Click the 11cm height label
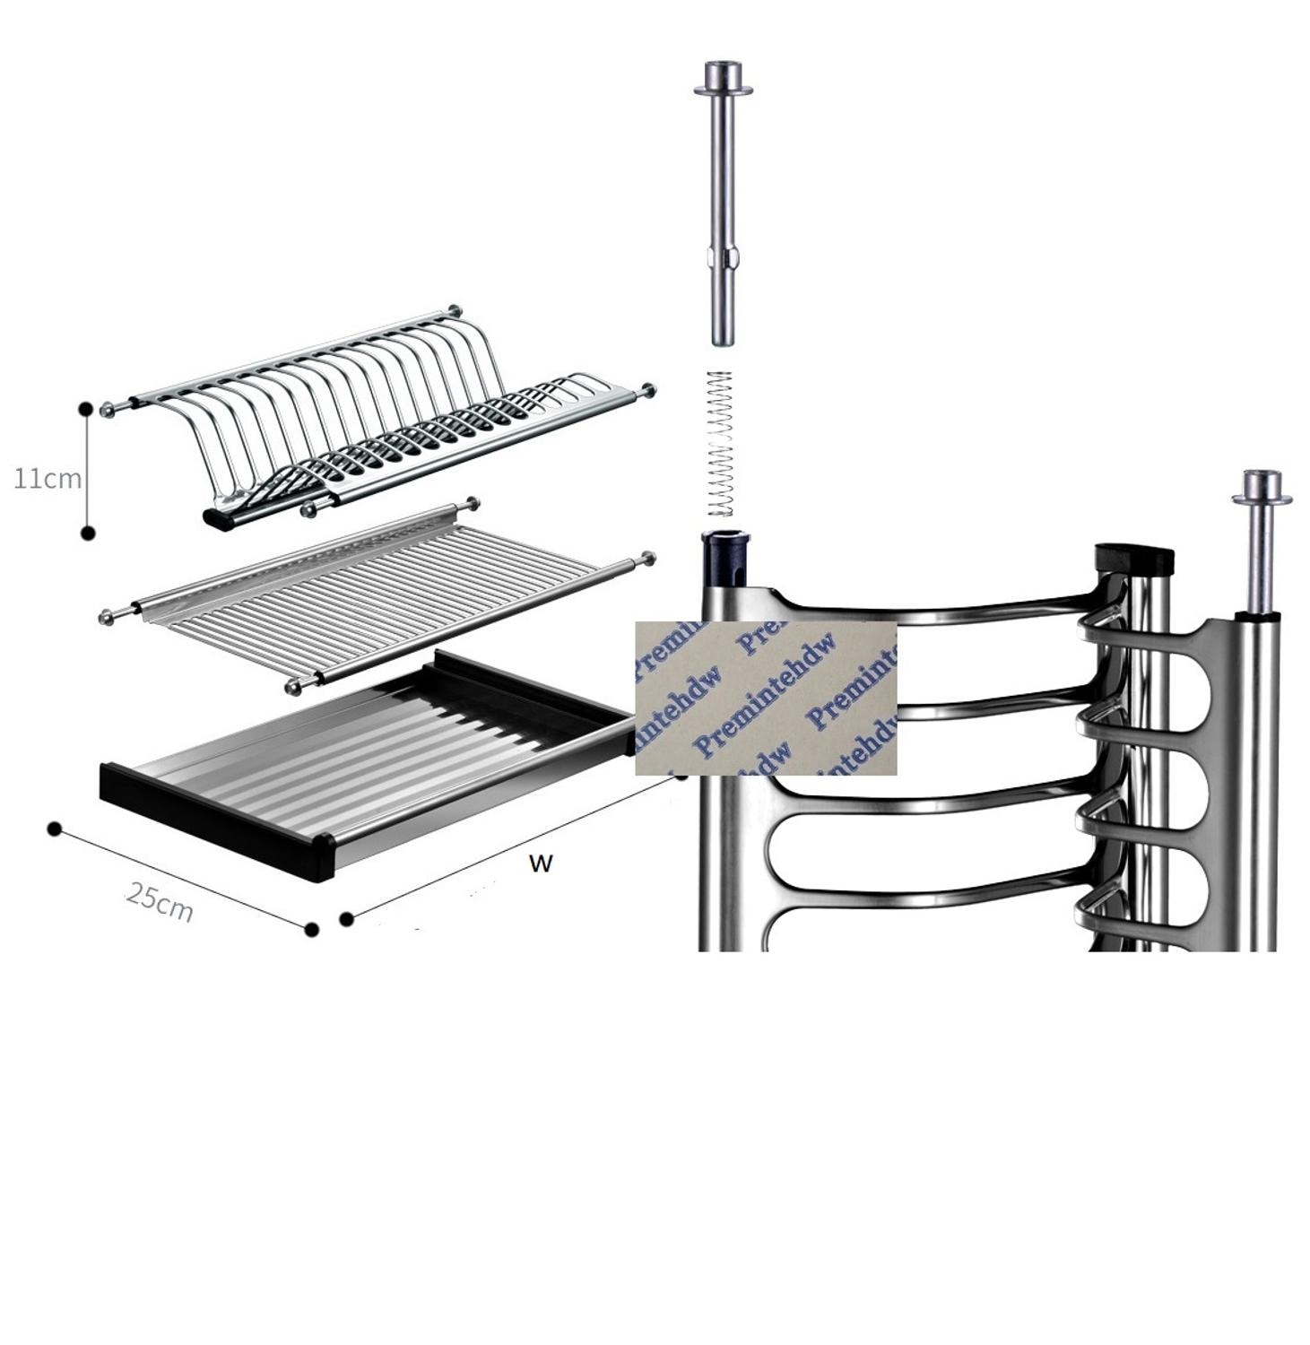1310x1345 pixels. pyautogui.click(x=47, y=478)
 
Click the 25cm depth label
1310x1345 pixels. pyautogui.click(x=160, y=902)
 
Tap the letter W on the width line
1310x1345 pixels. pyautogui.click(x=541, y=863)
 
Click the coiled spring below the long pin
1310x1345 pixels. pyautogui.click(x=720, y=444)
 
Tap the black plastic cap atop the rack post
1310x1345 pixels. pyautogui.click(x=1134, y=559)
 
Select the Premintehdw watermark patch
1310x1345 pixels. pyautogui.click(x=766, y=698)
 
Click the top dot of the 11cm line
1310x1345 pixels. pyautogui.click(x=86, y=408)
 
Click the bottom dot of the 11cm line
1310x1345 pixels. pyautogui.click(x=88, y=534)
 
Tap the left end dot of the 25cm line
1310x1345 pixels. pyautogui.click(x=55, y=829)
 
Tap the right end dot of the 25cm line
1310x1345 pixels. pyautogui.click(x=311, y=930)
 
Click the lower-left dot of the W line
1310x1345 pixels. pyautogui.click(x=347, y=918)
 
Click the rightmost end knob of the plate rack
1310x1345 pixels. pyautogui.click(x=648, y=390)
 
